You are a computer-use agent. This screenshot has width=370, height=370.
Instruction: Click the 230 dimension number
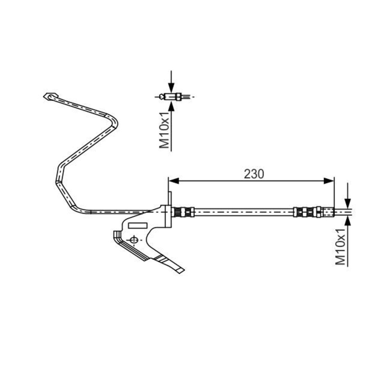tap(254, 174)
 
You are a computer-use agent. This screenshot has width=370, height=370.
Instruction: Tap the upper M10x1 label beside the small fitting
tap(165, 130)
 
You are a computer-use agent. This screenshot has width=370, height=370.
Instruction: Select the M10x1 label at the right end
tap(340, 247)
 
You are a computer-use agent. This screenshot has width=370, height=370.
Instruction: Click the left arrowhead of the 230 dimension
tap(174, 181)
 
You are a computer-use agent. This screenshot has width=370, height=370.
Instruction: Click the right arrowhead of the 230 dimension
tap(329, 181)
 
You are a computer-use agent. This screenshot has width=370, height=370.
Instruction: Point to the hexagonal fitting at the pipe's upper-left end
tap(51, 96)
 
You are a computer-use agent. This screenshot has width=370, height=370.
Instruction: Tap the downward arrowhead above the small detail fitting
tap(172, 88)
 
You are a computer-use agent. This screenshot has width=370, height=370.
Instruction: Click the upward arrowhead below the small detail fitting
tap(172, 105)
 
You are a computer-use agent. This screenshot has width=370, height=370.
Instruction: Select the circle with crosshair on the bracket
tap(134, 240)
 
